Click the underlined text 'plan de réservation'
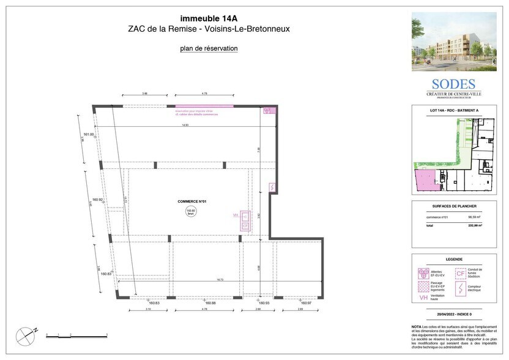pyautogui.click(x=209, y=48)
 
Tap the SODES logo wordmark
pyautogui.click(x=453, y=84)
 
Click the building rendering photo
pyautogui.click(x=453, y=42)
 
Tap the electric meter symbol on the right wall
pyautogui.click(x=272, y=187)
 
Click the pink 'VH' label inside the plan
pyautogui.click(x=236, y=216)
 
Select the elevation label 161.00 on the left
pyautogui.click(x=89, y=134)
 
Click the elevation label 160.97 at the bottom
pyautogui.click(x=305, y=303)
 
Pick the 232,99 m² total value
pyautogui.click(x=475, y=226)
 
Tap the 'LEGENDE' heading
pyautogui.click(x=453, y=259)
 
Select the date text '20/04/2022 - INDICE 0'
pyautogui.click(x=453, y=314)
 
